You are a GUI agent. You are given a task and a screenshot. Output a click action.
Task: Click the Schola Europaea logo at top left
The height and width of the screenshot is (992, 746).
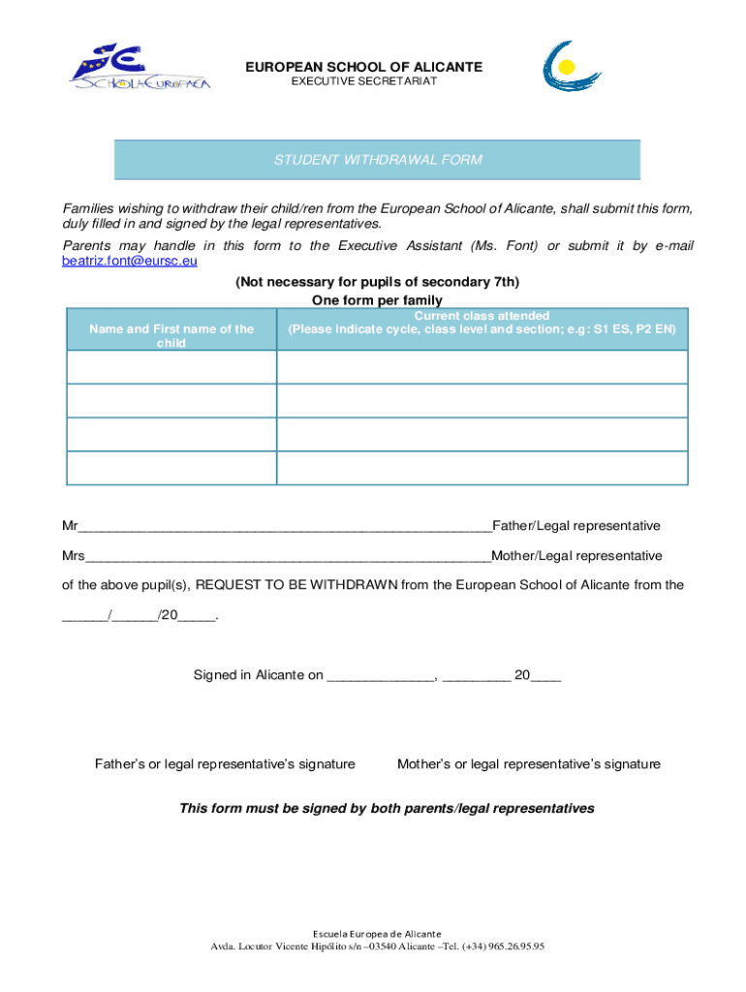[139, 68]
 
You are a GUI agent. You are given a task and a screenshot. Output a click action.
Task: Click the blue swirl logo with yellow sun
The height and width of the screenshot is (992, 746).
[572, 70]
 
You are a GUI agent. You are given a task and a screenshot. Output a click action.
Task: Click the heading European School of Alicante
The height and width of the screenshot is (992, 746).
[363, 67]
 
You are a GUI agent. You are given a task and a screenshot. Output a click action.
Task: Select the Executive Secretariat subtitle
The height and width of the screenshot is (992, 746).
[363, 81]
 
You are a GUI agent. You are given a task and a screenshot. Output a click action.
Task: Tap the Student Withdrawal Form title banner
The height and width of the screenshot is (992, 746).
[377, 160]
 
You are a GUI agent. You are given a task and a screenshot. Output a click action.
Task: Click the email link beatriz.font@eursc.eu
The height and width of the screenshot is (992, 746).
[130, 261]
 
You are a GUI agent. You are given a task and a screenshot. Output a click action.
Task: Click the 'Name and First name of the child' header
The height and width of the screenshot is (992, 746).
[171, 335]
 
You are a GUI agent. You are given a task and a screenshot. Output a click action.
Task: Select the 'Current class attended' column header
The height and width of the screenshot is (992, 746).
[482, 323]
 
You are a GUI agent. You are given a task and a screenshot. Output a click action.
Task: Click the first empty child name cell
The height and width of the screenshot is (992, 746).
[171, 367]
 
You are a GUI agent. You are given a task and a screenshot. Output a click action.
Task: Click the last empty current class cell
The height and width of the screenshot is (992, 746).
[482, 468]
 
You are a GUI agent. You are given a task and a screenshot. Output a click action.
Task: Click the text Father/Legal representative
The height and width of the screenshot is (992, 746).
[576, 526]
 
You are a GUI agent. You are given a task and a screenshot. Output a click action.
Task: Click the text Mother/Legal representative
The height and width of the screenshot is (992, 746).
[577, 556]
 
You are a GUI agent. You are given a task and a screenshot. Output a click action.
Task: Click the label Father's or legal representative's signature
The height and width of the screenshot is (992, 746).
[225, 764]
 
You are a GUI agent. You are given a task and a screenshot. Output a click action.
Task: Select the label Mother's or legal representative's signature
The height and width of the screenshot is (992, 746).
[529, 764]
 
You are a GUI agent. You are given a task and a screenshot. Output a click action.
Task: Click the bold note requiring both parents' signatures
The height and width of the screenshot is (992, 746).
[387, 808]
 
